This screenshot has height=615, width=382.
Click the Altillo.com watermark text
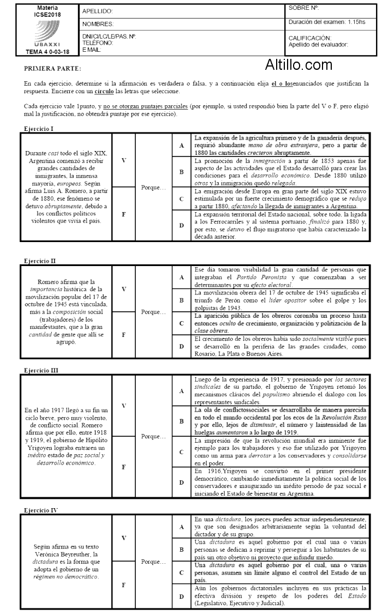point(299,65)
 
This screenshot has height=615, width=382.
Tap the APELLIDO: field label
point(98,11)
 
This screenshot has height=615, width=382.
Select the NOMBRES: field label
point(98,25)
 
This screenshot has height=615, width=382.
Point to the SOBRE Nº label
point(304,8)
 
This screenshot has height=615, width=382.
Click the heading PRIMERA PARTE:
point(52,69)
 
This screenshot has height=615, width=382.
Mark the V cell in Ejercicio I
point(123,160)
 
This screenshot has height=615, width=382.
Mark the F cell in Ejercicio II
point(123,335)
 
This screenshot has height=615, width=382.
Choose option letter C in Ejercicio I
point(182,199)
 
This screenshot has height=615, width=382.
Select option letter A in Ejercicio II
point(182,278)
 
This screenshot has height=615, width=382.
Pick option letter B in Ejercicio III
point(182,421)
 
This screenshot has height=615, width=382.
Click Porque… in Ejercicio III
point(153,436)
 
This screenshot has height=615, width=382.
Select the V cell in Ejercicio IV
point(123,538)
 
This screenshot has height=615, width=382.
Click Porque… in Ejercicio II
point(153,312)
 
